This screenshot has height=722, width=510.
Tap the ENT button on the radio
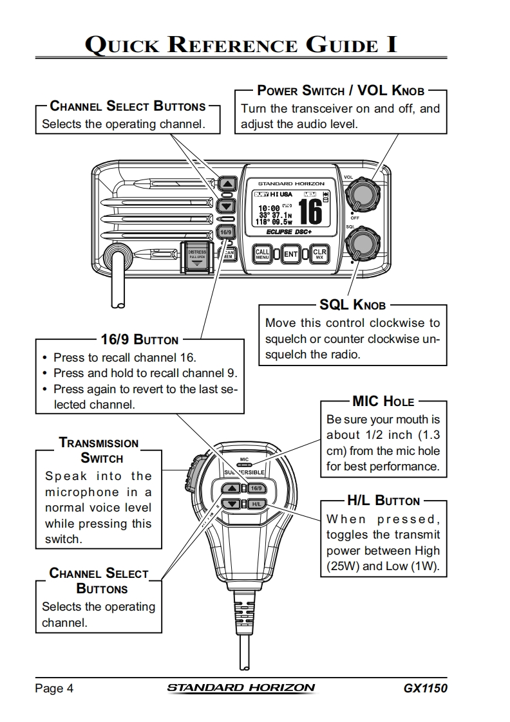tap(291, 254)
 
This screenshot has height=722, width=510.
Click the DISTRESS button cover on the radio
tap(196, 257)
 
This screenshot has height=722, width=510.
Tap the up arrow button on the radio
tap(226, 184)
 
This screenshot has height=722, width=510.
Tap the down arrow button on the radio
tap(226, 206)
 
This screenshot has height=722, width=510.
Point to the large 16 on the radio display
tap(310, 210)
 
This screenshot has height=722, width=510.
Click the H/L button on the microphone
tap(256, 503)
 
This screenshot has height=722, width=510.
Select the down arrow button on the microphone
tap(233, 504)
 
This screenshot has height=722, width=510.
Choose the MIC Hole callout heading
tap(383, 402)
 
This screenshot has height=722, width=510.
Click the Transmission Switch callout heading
tap(99, 450)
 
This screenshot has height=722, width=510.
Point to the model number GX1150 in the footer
tap(425, 688)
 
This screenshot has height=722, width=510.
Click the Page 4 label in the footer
tap(54, 689)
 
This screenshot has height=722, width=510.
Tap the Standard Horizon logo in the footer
tap(241, 688)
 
